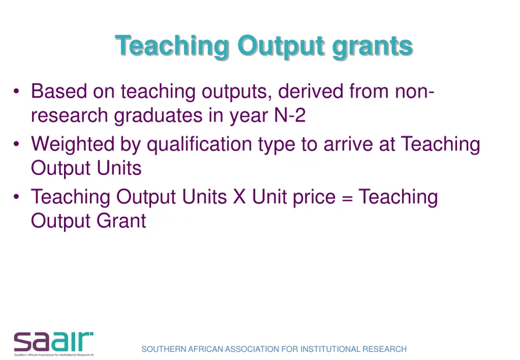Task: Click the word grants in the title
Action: click(x=372, y=47)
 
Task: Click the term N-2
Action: click(x=289, y=116)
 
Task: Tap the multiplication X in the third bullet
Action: click(x=239, y=197)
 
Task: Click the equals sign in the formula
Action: click(x=347, y=197)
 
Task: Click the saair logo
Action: click(x=53, y=343)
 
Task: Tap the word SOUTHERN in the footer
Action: click(x=164, y=349)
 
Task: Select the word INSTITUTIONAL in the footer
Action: click(x=330, y=349)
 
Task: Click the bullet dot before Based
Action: click(x=17, y=92)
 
